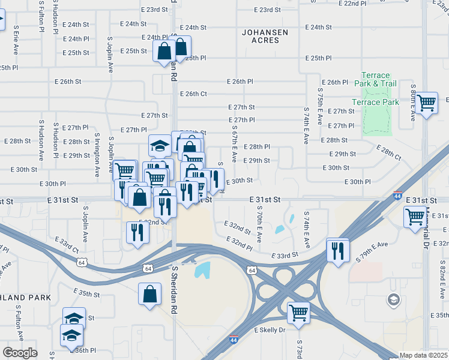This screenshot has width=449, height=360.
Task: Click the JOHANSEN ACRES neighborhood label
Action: coord(265,36)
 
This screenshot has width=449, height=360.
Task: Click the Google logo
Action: coord(20,353)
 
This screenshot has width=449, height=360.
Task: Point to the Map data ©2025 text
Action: coord(423,355)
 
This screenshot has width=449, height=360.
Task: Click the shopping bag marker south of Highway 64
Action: coord(149,294)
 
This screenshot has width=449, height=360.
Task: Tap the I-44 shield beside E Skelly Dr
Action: coord(234,340)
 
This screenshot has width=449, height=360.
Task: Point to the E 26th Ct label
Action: coord(193,94)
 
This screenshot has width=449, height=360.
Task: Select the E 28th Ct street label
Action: coord(389,152)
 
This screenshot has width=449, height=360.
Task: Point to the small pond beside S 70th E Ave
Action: coord(280,229)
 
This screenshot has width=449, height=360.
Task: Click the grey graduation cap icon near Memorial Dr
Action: coord(394,299)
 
